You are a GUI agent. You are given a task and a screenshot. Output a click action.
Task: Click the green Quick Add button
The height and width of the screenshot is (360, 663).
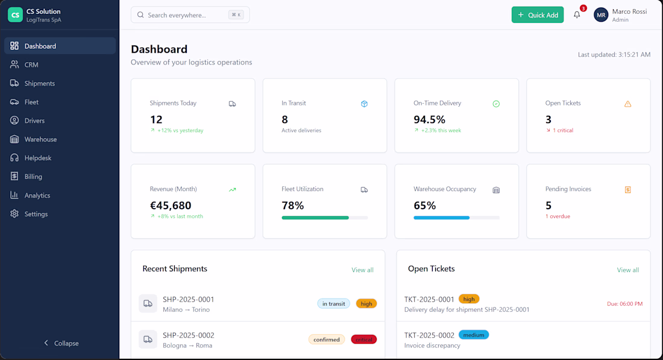[537, 15]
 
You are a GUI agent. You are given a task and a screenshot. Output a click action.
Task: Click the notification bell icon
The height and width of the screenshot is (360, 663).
[577, 15]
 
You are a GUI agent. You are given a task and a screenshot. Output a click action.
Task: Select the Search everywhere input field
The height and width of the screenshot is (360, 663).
[190, 15]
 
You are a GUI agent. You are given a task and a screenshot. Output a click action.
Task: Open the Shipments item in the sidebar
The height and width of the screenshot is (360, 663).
[39, 83]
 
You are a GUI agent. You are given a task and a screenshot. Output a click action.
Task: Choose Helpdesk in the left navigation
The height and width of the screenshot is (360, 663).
[37, 158]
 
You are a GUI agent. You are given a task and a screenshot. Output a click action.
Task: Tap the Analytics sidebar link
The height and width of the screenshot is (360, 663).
[37, 195]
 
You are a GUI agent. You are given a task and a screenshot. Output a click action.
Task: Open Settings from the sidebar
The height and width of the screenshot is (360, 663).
[36, 214]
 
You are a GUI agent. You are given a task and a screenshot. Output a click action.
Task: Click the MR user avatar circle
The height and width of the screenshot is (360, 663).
[601, 15]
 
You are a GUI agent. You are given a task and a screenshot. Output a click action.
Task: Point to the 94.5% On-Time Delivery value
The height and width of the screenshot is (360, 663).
[429, 119]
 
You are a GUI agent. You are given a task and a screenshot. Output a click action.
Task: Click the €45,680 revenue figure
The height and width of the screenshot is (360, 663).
[171, 206]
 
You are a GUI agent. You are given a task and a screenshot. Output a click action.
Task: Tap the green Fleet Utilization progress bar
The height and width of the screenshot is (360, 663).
[315, 218]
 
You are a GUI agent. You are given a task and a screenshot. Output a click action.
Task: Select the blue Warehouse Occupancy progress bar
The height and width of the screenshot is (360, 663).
[442, 218]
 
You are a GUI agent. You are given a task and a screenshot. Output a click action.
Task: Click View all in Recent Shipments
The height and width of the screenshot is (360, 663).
[362, 270]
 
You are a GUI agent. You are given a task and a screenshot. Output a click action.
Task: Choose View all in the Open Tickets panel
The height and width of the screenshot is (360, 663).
[627, 270]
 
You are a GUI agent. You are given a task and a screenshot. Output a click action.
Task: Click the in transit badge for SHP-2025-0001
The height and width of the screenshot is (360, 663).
[333, 304]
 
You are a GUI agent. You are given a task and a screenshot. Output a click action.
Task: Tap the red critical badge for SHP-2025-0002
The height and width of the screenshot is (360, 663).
[363, 339]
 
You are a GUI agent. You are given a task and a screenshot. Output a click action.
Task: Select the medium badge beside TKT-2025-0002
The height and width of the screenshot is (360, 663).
[474, 335]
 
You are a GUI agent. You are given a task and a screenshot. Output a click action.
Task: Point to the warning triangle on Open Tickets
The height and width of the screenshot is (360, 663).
[627, 104]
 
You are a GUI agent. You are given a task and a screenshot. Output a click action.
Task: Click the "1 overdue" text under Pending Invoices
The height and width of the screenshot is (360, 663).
[558, 216]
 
